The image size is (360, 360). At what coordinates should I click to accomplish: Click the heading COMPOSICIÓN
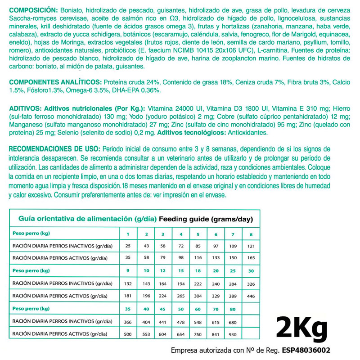pos(33,10)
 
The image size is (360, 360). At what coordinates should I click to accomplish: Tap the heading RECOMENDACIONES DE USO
pos(54,149)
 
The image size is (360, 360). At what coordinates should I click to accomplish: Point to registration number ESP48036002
pos(307,350)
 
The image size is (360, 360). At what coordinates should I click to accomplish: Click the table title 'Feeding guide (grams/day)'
pos(206,219)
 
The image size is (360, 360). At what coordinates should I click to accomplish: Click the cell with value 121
pos(251,246)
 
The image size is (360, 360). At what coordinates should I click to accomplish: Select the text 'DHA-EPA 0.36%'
pos(139,90)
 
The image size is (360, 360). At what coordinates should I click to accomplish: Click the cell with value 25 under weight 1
pos(128,246)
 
